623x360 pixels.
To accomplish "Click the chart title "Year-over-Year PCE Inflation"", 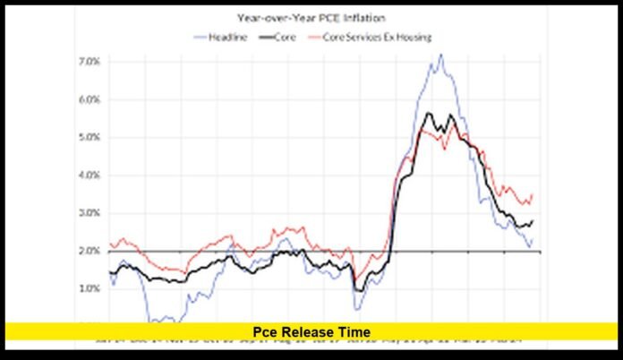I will coord(311,17).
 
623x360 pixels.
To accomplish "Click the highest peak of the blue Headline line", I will coord(440,55).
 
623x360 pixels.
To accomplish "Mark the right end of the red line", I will coord(533,194).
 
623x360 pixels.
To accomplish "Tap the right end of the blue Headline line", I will coord(533,237).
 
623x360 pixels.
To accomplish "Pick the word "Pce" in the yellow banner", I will coord(265,332).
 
